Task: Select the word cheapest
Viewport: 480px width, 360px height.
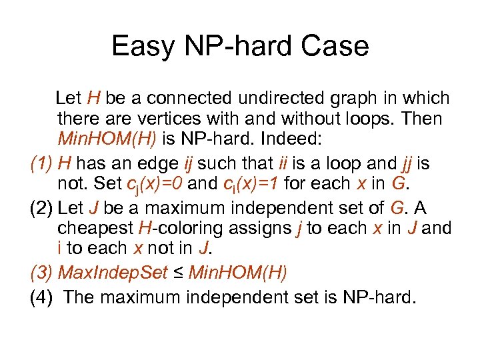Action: (x=95, y=229)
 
